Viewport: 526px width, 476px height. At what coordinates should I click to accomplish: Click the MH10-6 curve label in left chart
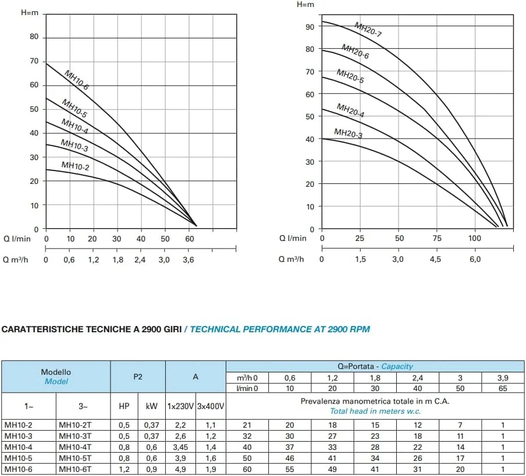click(x=76, y=80)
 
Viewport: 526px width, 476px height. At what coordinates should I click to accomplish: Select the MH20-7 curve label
click(x=368, y=30)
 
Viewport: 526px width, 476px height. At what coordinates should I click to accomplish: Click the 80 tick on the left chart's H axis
click(x=34, y=37)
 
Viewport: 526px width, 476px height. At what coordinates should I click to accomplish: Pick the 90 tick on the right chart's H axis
click(x=310, y=27)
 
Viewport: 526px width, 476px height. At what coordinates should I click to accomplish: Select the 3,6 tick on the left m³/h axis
click(x=189, y=260)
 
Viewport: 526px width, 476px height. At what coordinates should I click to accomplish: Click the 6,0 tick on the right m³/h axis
click(x=475, y=260)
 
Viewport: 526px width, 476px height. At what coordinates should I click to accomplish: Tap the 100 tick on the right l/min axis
click(x=475, y=238)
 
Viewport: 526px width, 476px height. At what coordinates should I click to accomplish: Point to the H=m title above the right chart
click(x=305, y=5)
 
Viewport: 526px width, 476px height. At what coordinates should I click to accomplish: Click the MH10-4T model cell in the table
click(x=75, y=447)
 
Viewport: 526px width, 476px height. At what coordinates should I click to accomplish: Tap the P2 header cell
click(x=138, y=376)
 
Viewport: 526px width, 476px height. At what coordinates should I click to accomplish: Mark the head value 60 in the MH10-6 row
click(x=247, y=469)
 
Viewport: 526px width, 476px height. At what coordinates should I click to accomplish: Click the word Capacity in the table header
click(x=397, y=367)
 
